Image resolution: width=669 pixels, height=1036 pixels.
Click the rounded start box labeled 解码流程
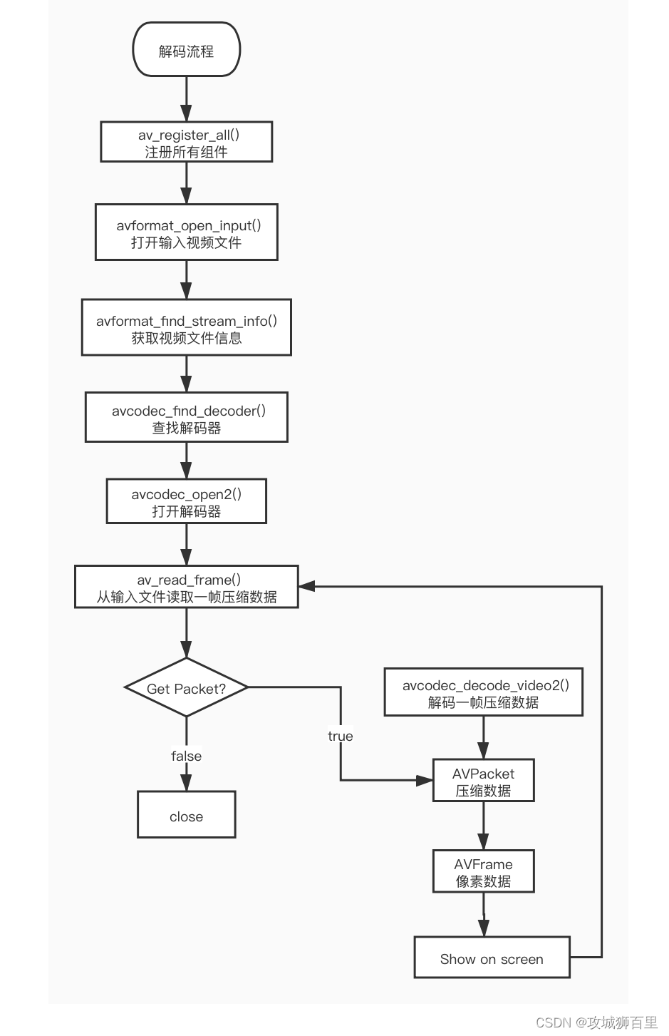coord(187,50)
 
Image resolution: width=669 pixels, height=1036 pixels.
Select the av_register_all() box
coord(187,142)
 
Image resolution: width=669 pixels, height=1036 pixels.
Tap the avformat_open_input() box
coord(187,232)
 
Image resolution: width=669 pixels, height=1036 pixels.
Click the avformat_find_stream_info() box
coord(187,327)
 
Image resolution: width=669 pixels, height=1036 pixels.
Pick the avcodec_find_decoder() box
coord(187,417)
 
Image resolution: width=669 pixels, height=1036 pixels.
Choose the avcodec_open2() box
coord(187,501)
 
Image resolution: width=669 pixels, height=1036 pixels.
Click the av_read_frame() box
coord(187,587)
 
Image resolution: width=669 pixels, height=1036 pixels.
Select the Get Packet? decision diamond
coord(187,688)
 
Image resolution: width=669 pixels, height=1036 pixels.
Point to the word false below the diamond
coord(187,756)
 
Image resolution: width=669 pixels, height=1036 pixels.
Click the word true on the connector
coord(341,736)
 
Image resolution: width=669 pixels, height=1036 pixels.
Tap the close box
coord(187,815)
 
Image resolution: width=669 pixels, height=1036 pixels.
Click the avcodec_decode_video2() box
coord(484,692)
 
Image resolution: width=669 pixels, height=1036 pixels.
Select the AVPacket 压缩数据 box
coord(484,781)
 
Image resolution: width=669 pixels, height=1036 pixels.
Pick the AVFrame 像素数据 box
coord(484,871)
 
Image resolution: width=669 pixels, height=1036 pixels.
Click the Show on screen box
coord(492,958)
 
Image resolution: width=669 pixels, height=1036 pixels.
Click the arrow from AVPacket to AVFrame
coord(484,826)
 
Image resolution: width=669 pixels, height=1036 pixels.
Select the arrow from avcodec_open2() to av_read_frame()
coord(187,545)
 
